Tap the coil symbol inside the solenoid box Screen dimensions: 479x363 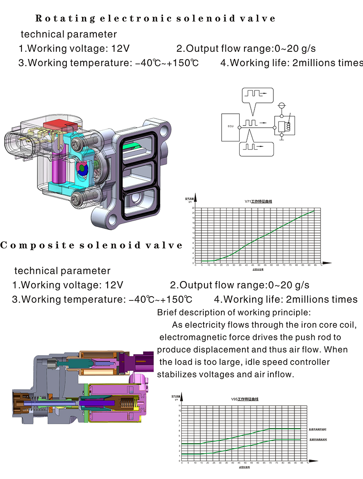(288, 126)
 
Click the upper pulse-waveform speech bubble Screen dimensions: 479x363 (257, 95)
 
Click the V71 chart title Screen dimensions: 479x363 (258, 201)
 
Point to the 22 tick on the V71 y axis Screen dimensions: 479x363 (193, 208)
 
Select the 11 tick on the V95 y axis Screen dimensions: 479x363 (180, 405)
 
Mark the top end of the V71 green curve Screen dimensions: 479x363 (314, 211)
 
